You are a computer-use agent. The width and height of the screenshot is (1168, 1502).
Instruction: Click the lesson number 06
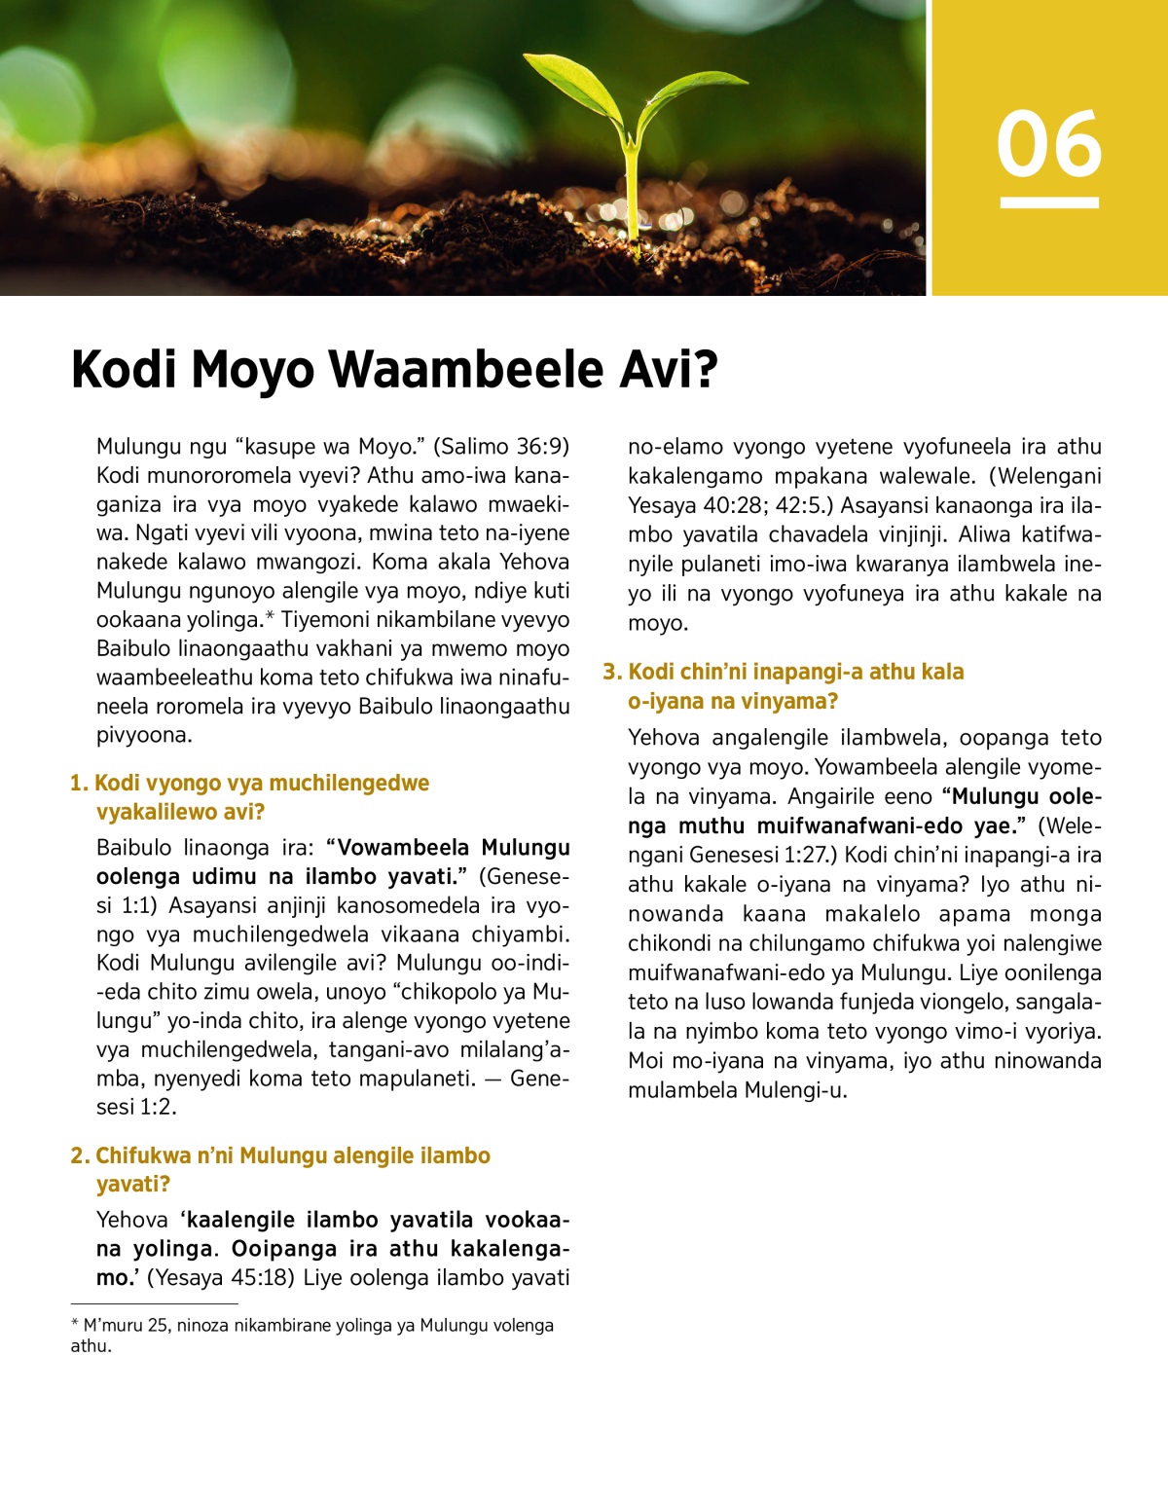click(1048, 144)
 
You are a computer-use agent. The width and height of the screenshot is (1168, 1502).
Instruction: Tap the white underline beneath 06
click(1048, 202)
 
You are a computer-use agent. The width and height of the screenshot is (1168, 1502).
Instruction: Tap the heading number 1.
click(78, 784)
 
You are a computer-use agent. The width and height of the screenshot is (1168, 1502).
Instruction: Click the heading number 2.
click(79, 1155)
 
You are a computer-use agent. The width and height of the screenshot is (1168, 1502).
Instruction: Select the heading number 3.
click(611, 672)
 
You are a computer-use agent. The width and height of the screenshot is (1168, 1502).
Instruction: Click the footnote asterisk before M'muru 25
click(75, 1324)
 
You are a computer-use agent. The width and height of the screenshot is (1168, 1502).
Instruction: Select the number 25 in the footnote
click(158, 1326)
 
